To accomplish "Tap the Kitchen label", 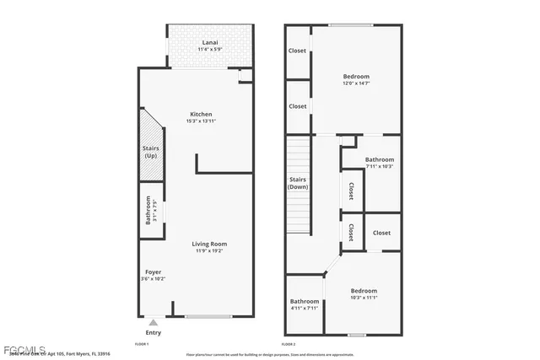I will click(201, 114).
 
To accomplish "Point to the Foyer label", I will click(153, 271).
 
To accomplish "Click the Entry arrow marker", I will click(153, 321).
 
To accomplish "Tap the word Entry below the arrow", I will click(153, 332).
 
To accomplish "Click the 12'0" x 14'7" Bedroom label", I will click(355, 77).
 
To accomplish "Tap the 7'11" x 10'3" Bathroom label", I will click(379, 159).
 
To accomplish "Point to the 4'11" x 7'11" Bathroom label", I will click(305, 301).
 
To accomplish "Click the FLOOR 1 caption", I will click(142, 344).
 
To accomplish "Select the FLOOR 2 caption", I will click(289, 344).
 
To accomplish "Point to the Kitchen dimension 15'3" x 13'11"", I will click(201, 121).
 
